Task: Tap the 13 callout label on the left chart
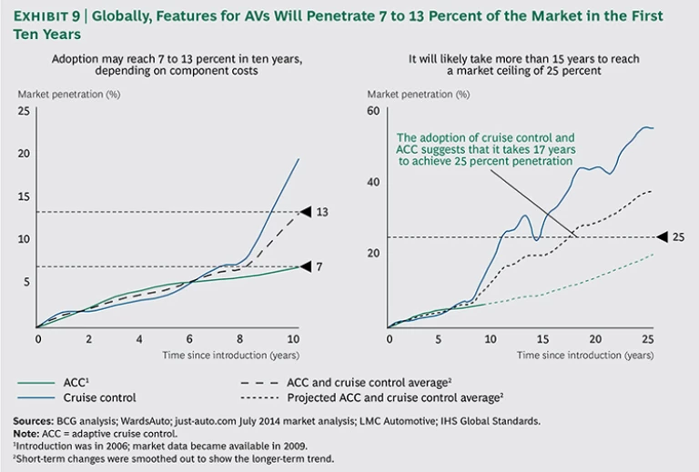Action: point(322,212)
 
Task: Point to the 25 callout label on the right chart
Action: point(677,237)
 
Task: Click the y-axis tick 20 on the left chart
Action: point(24,153)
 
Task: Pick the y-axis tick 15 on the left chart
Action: point(24,196)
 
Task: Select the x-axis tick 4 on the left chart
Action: point(139,338)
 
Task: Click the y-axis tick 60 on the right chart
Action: point(371,111)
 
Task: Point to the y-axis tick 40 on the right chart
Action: point(371,182)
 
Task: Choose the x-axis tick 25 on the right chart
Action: point(648,338)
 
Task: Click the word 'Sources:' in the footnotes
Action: point(34,421)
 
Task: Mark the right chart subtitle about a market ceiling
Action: point(523,65)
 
